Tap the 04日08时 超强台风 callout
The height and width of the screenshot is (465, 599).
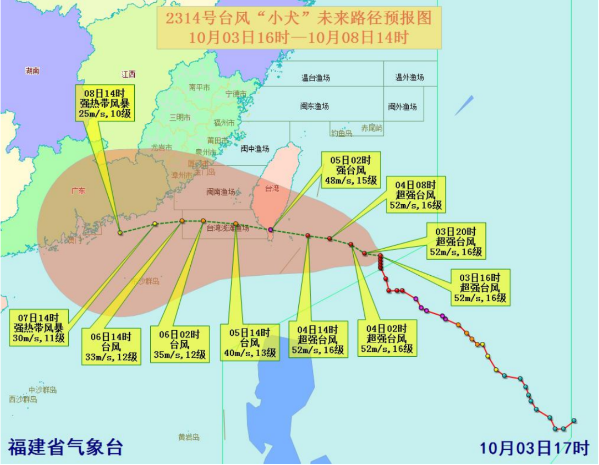point(415,194)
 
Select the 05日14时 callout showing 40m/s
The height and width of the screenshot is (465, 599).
point(248,342)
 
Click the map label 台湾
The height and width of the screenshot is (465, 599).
point(272,189)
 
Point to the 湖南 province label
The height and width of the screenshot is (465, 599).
point(32,71)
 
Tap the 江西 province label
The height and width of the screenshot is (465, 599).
point(129,74)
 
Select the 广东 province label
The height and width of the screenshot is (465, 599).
point(78,191)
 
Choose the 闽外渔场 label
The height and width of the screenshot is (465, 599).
point(402,107)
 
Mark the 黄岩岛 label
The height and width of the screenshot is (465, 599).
point(189,437)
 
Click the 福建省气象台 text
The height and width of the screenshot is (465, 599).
point(65,447)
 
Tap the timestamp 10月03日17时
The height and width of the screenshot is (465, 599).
point(534,447)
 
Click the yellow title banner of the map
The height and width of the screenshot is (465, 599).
point(298,28)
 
